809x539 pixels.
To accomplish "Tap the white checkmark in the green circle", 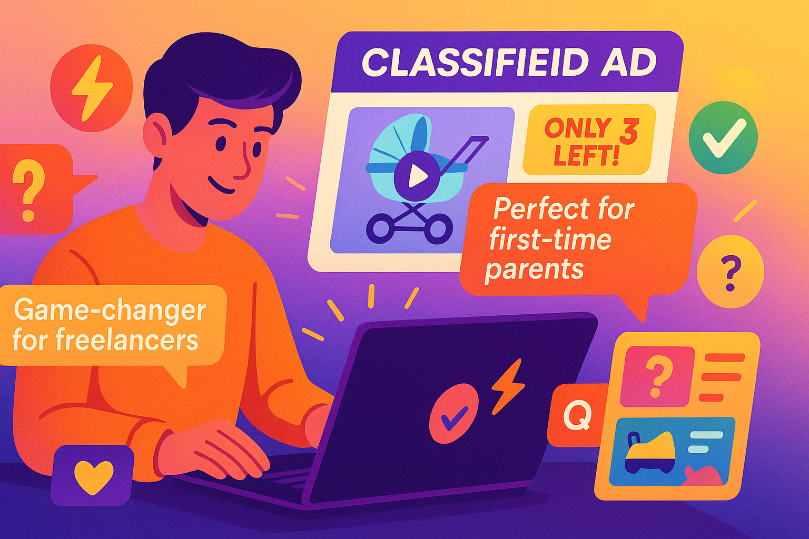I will point(724,137).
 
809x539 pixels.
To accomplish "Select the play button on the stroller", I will point(417,176).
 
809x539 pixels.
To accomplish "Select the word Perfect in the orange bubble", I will point(532,209).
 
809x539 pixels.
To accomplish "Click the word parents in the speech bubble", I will point(534,270).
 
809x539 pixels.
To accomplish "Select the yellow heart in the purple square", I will point(93,475).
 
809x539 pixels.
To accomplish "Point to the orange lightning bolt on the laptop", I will point(507,386).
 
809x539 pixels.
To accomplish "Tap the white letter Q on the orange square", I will point(577,416).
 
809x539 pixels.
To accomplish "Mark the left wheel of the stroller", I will point(380,230).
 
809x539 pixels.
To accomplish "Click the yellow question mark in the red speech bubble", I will point(29,190).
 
